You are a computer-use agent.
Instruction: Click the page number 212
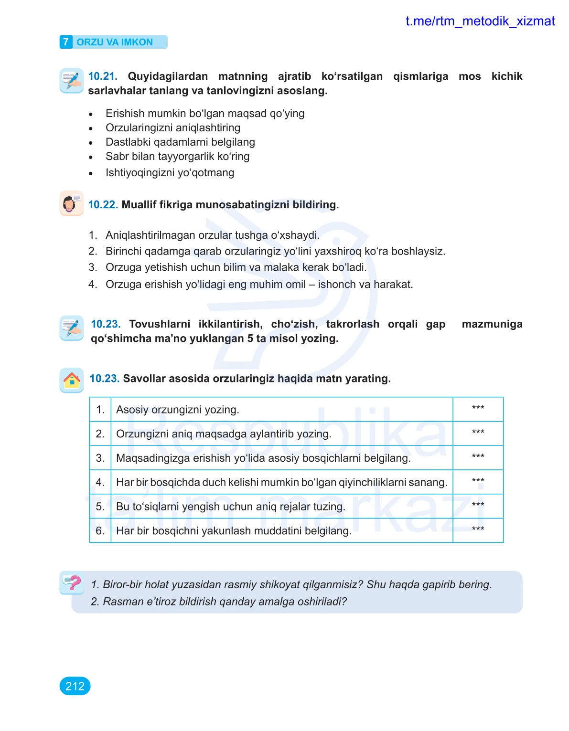[x=75, y=686]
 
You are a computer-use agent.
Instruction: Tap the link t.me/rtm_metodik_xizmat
[x=480, y=21]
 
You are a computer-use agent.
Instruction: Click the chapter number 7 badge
[x=66, y=42]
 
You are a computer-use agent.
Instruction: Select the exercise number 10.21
[x=102, y=76]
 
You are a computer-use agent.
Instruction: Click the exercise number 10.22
[x=103, y=205]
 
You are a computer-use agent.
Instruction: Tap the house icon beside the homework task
[x=72, y=380]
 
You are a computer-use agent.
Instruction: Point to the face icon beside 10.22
[x=71, y=203]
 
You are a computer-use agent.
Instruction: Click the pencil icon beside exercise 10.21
[x=72, y=80]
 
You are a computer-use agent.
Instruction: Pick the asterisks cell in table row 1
[x=478, y=409]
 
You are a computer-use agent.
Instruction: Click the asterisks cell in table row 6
[x=478, y=530]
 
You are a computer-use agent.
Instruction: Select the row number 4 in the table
[x=100, y=482]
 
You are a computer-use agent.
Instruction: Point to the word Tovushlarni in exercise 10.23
[x=160, y=324]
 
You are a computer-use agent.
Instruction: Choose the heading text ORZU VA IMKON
[x=115, y=42]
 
